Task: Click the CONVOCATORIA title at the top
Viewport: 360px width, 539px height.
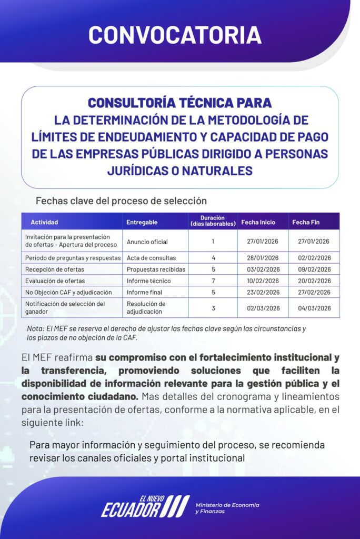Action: [175, 34]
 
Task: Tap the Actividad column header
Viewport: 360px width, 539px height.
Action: [44, 222]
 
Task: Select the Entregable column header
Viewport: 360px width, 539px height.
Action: [142, 222]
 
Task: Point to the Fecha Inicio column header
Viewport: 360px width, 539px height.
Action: [258, 222]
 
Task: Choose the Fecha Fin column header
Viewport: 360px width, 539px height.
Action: [306, 222]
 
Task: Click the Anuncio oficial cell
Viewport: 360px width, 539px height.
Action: [147, 242]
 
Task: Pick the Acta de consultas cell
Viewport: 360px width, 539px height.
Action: [151, 258]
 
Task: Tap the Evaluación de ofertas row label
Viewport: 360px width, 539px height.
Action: [55, 281]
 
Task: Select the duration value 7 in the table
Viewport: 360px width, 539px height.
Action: [213, 281]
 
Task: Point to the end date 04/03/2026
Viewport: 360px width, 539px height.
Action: [314, 308]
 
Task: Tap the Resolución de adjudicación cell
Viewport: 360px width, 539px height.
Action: [146, 307]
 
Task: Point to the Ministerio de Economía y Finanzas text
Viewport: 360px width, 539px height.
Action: [227, 508]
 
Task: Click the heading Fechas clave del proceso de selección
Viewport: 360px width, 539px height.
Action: [121, 201]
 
